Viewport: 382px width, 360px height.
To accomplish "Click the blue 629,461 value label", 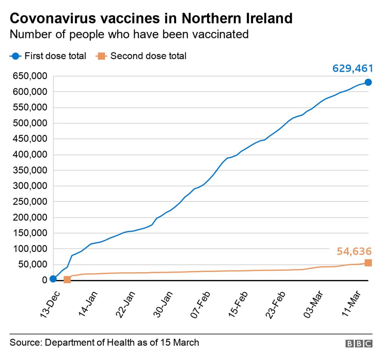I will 353,69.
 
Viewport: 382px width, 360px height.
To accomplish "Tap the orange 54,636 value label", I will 354,251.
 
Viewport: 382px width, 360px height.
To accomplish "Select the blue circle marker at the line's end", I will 368,82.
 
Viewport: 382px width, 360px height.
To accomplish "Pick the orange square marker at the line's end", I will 368,263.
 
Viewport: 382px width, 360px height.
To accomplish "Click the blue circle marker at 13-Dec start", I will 53,279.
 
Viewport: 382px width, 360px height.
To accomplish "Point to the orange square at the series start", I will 67,279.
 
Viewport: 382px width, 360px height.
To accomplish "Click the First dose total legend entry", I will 55,56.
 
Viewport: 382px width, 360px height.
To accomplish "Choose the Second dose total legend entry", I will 148,56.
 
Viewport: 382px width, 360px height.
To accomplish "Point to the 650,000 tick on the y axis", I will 30,76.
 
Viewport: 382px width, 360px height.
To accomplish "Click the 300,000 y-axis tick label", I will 30,186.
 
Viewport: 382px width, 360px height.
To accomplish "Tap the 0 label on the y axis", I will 44,280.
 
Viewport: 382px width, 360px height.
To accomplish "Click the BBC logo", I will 358,344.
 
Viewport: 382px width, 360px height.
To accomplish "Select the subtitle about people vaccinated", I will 129,34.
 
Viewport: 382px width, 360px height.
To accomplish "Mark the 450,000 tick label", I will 30,139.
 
